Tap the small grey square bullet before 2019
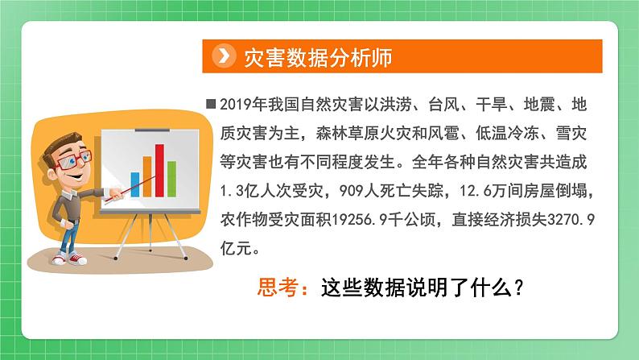coord(211,104)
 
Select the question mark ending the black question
coord(521,287)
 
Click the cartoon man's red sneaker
coord(78,259)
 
